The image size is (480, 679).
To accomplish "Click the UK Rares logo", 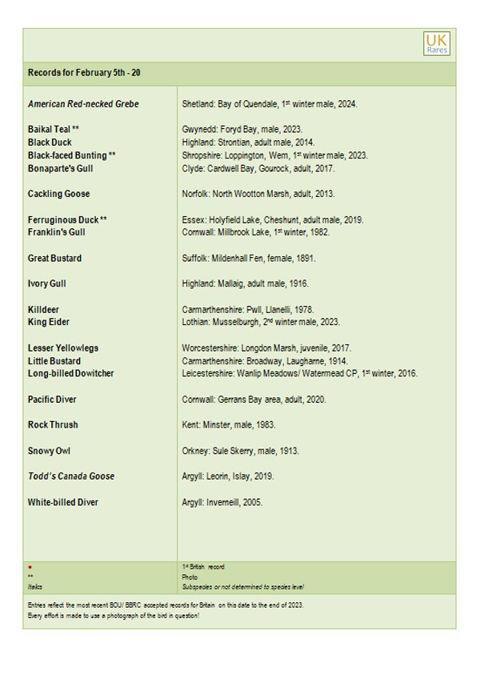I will point(437,43).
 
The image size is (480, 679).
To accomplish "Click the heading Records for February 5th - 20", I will point(84,73).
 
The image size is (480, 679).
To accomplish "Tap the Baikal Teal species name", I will point(53,129).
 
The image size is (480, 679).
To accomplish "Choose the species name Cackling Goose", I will point(58,194).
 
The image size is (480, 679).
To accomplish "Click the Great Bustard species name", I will point(54,259).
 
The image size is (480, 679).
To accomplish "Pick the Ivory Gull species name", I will point(50,283).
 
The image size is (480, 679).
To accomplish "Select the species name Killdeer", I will point(43,309).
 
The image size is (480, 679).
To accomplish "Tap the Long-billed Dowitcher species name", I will point(70,373).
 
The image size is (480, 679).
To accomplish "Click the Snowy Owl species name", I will point(50,451).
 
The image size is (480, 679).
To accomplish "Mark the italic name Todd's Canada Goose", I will point(71,476).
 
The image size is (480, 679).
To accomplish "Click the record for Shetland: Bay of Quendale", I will point(270,104).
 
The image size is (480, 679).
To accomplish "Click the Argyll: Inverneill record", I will point(223,502).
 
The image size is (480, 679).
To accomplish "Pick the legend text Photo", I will point(190,576).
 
